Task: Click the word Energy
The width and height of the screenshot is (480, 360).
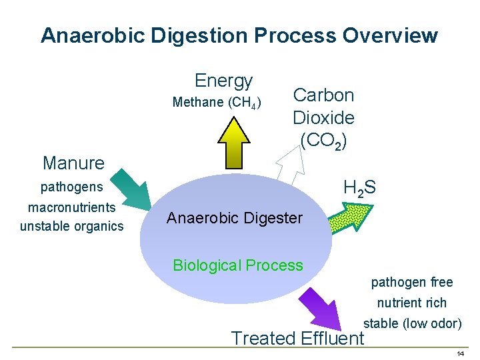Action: [x=224, y=81]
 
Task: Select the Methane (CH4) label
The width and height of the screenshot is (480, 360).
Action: [x=217, y=103]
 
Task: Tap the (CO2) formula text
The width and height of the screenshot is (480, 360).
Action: [x=323, y=141]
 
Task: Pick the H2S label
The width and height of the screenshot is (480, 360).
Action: [x=359, y=189]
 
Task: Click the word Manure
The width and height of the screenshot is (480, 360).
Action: [x=73, y=163]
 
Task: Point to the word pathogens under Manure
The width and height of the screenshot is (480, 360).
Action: [x=72, y=187]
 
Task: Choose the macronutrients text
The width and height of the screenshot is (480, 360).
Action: [x=72, y=207]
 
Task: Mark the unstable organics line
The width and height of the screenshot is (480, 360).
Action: [x=72, y=226]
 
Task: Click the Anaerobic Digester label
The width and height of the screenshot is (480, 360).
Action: [x=235, y=218]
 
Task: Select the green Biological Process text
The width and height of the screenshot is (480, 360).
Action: [x=238, y=265]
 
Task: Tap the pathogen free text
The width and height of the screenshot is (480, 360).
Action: [x=412, y=283]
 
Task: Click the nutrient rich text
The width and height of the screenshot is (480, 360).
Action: [x=412, y=303]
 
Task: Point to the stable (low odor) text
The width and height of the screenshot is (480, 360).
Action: [x=412, y=323]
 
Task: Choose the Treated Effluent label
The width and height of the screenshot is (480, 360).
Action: [x=297, y=338]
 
